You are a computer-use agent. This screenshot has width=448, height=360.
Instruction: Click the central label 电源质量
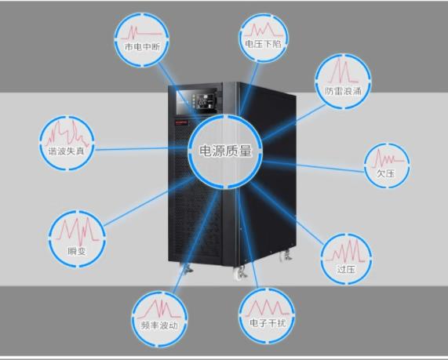(x=225, y=151)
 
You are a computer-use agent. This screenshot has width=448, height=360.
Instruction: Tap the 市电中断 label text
(x=142, y=46)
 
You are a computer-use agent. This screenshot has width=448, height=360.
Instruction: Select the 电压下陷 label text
(x=263, y=44)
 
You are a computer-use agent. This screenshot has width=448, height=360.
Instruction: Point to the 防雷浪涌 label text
(x=343, y=91)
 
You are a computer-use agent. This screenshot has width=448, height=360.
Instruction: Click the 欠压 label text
(x=386, y=173)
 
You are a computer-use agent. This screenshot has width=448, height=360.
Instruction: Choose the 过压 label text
(x=346, y=269)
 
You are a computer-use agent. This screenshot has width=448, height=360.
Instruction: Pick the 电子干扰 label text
(x=268, y=323)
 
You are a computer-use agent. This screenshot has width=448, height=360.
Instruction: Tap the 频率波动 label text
(x=159, y=325)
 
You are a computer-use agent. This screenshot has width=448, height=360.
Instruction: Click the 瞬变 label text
(x=77, y=251)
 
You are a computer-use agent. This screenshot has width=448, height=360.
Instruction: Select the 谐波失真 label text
(x=66, y=151)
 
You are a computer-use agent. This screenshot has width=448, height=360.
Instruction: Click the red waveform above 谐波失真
(x=67, y=133)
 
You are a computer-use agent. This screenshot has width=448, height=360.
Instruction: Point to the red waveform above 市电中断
(x=141, y=33)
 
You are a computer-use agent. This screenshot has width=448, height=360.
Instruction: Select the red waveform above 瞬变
(x=78, y=231)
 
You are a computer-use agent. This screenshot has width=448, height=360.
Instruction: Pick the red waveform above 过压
(x=346, y=252)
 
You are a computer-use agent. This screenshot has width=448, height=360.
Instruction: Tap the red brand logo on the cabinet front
(x=180, y=122)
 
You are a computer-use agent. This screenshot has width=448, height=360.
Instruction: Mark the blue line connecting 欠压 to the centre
(x=313, y=166)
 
